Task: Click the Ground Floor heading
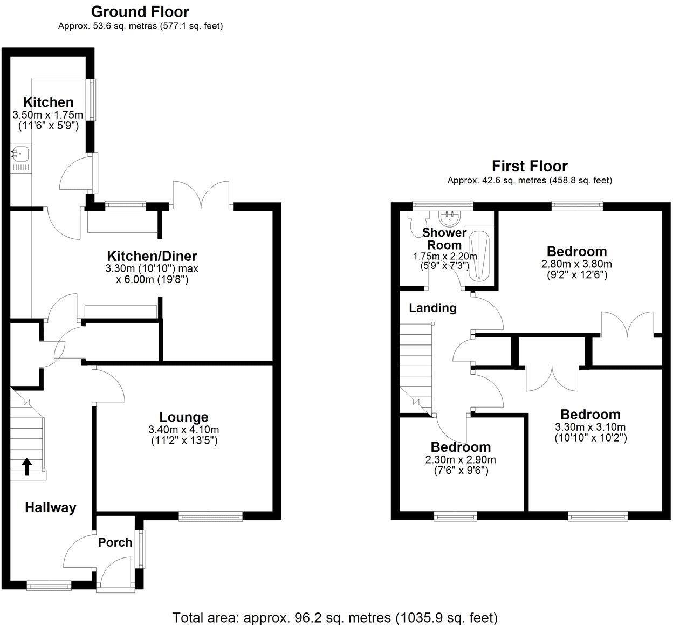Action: [140, 11]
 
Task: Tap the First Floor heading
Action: [530, 166]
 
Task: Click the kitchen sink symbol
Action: [20, 155]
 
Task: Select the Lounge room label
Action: [183, 417]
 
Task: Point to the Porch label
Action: [115, 542]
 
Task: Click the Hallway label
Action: [51, 507]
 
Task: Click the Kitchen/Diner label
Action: [152, 256]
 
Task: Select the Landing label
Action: [432, 308]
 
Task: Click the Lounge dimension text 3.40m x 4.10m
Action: [183, 430]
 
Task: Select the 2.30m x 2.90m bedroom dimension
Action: [461, 460]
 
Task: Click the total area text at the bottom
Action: [335, 617]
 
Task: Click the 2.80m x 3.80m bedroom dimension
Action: [576, 264]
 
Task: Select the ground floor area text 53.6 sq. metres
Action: [140, 26]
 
